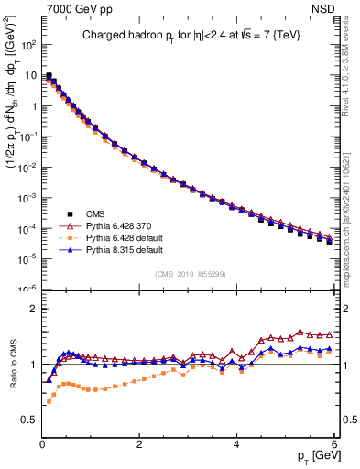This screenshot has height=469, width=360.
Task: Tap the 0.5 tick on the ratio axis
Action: tap(28, 420)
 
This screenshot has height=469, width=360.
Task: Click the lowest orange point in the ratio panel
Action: tap(49, 402)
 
